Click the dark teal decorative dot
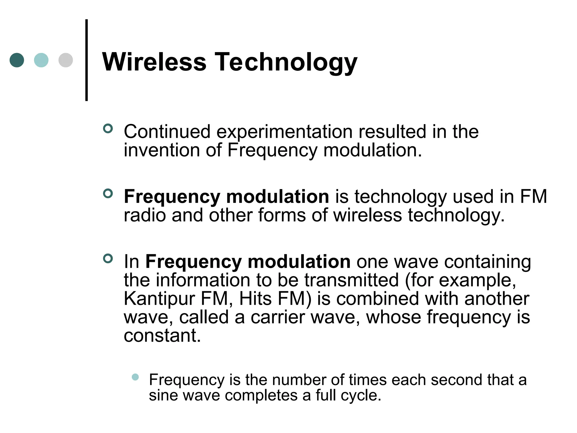[x=17, y=60]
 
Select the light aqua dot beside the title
[x=41, y=60]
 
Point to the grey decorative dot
[x=66, y=60]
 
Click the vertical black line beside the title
[x=86, y=60]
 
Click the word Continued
[x=167, y=132]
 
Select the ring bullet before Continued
[x=108, y=129]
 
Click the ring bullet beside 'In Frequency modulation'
[x=108, y=259]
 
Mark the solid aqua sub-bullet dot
[x=135, y=377]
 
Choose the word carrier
[x=278, y=318]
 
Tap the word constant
[x=162, y=336]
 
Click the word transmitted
[x=351, y=280]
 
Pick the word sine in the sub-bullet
[x=163, y=395]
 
